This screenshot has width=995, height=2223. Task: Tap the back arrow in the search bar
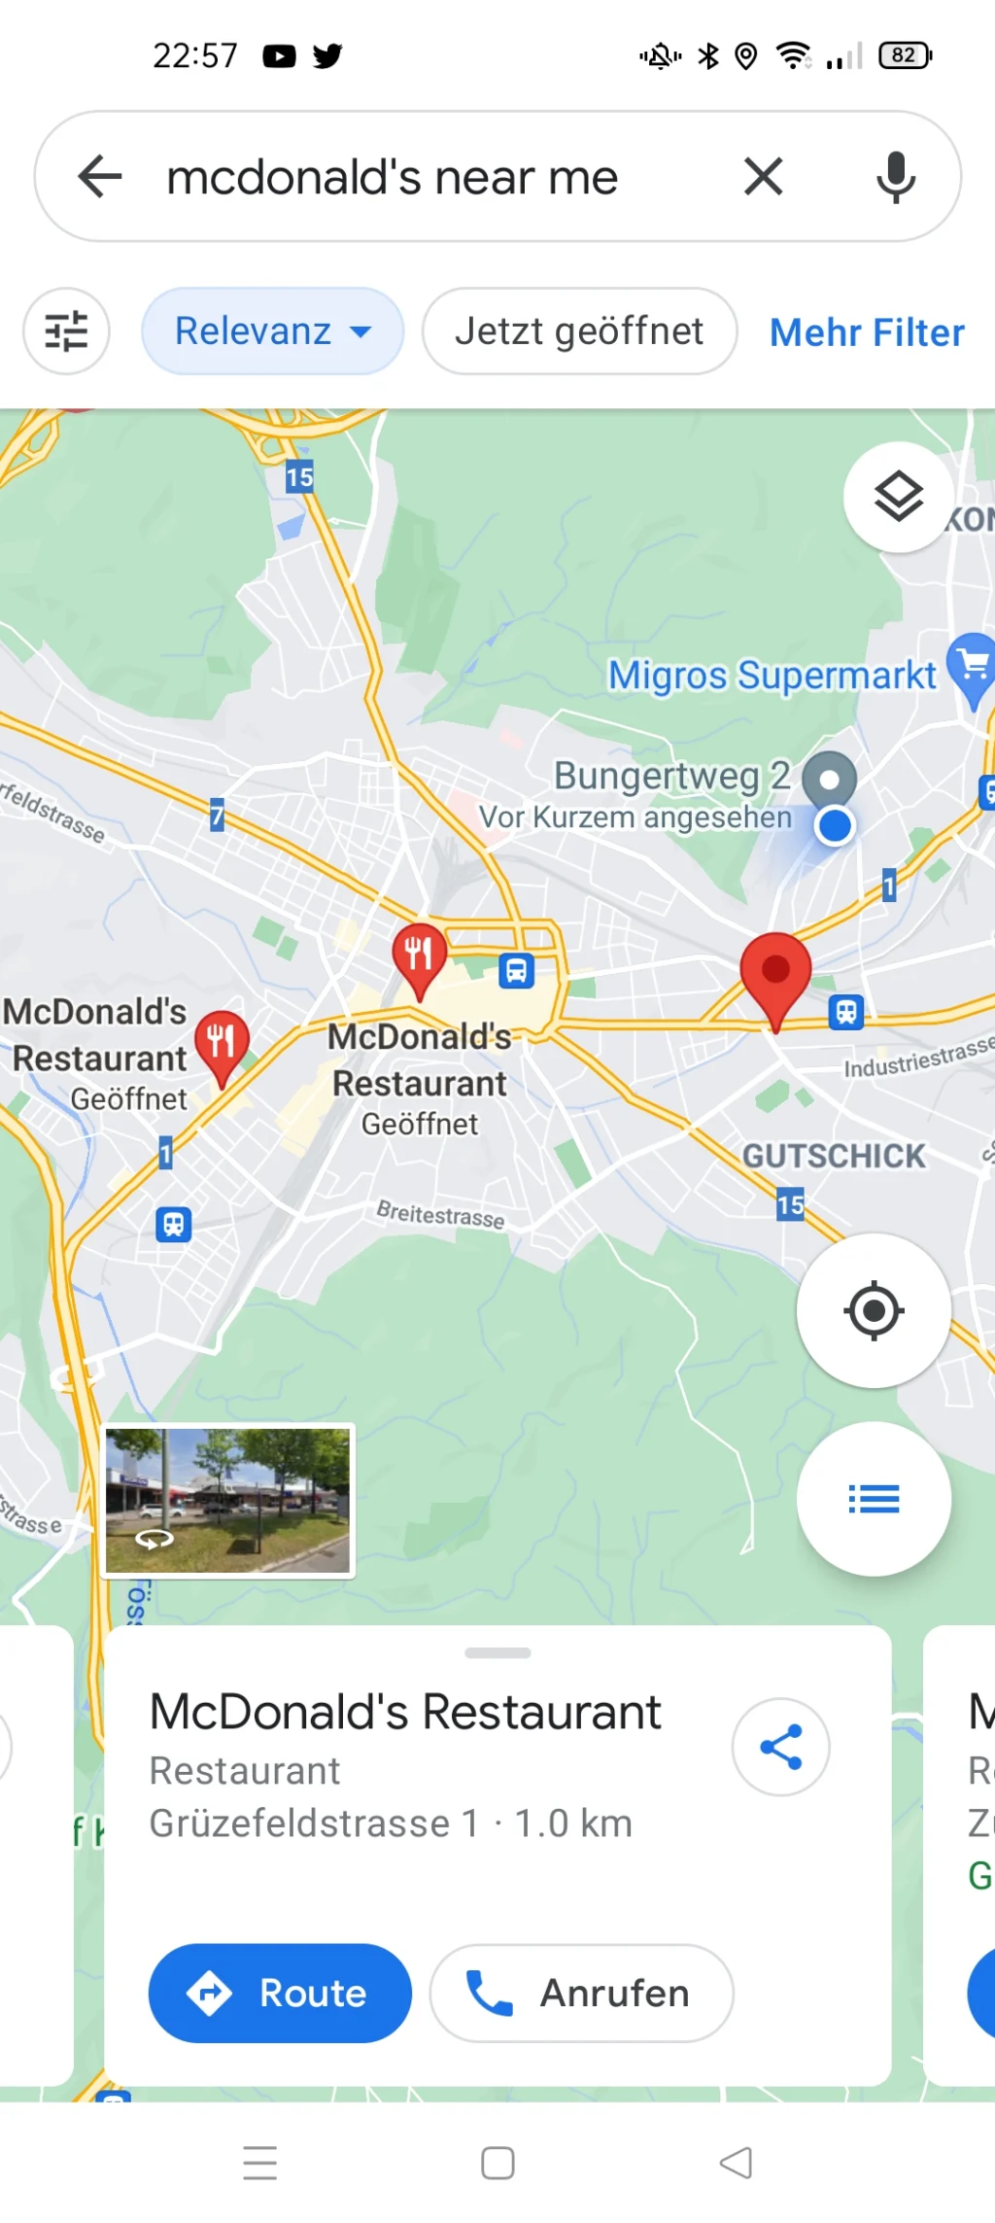pyautogui.click(x=100, y=177)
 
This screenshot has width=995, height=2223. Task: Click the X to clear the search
pyautogui.click(x=763, y=177)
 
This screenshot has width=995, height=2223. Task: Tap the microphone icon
pyautogui.click(x=895, y=177)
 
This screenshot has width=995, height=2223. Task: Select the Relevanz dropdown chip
pyautogui.click(x=272, y=331)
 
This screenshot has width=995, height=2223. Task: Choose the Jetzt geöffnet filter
pyautogui.click(x=579, y=331)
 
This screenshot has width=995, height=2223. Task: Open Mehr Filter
pyautogui.click(x=867, y=332)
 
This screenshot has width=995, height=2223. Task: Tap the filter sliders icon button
pyautogui.click(x=66, y=331)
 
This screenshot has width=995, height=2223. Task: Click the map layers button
pyautogui.click(x=899, y=497)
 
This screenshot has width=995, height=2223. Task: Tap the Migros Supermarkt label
pyautogui.click(x=772, y=675)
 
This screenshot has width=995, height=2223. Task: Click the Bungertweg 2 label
pyautogui.click(x=671, y=776)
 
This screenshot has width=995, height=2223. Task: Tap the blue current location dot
pyautogui.click(x=835, y=826)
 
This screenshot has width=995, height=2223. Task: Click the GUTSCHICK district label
pyautogui.click(x=834, y=1156)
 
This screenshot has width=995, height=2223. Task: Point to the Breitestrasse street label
pyautogui.click(x=440, y=1214)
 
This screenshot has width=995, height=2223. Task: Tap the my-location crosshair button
pyautogui.click(x=874, y=1310)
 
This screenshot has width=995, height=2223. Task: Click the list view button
pyautogui.click(x=874, y=1499)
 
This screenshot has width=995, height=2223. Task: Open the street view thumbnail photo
pyautogui.click(x=228, y=1500)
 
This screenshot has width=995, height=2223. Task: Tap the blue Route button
pyautogui.click(x=280, y=1993)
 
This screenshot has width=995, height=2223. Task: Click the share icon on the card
pyautogui.click(x=780, y=1747)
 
